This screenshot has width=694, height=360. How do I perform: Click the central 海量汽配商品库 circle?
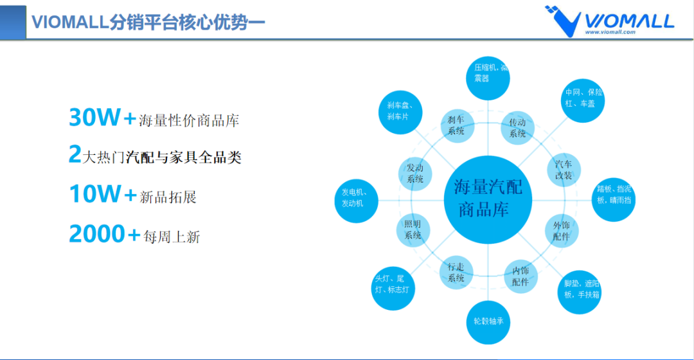pyautogui.click(x=488, y=199)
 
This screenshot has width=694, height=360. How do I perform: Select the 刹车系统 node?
pyautogui.click(x=456, y=125)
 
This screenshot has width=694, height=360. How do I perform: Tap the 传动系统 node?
pyautogui.click(x=518, y=127)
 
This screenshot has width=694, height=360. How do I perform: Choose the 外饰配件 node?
pyautogui.click(x=562, y=231)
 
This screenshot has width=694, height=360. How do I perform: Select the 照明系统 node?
pyautogui.click(x=413, y=230)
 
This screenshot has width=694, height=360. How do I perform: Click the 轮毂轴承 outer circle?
pyautogui.click(x=488, y=320)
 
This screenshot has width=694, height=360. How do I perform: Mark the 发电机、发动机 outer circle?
pyautogui.click(x=357, y=198)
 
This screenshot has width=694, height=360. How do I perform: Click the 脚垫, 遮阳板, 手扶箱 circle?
pyautogui.click(x=580, y=291)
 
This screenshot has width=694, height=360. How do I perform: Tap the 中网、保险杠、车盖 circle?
pyautogui.click(x=583, y=98)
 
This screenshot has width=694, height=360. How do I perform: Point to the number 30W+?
pyautogui.click(x=102, y=118)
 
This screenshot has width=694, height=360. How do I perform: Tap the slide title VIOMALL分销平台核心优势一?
pyautogui.click(x=148, y=21)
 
